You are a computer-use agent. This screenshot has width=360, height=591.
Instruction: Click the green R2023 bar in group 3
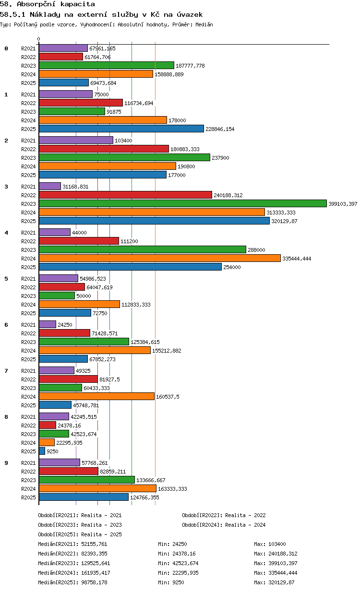[x=182, y=203]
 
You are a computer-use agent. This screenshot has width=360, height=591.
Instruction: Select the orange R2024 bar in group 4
[x=160, y=258]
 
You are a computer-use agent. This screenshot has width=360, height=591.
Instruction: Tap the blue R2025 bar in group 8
[x=42, y=451]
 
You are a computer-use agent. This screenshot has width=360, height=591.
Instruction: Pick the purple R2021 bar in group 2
[x=76, y=140]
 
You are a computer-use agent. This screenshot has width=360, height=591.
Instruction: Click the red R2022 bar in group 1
[x=81, y=103]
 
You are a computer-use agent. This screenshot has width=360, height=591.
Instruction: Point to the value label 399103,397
[x=343, y=204]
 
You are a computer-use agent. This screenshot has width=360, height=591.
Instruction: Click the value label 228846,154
[x=220, y=129]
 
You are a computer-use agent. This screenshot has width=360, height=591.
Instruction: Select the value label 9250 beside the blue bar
[x=52, y=451]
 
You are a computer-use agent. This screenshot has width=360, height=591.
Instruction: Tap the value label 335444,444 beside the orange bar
[x=297, y=259]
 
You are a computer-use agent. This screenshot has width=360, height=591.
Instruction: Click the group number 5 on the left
[x=6, y=279]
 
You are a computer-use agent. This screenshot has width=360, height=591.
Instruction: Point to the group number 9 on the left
[x=6, y=463]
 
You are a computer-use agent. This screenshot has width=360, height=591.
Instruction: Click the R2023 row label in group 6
[x=28, y=342]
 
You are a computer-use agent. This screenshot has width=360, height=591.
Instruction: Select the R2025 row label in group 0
[x=28, y=83]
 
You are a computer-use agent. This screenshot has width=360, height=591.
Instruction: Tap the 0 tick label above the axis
[x=38, y=39]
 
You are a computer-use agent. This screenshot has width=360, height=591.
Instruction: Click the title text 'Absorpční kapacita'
[x=56, y=4]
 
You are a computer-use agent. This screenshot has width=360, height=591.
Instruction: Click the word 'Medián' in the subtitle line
[x=204, y=24]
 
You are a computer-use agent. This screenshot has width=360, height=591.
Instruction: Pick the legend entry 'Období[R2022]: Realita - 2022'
[x=224, y=515]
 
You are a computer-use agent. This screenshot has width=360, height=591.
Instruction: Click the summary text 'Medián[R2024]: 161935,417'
[x=74, y=573]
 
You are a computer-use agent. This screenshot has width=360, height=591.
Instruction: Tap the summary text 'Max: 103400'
[x=270, y=544]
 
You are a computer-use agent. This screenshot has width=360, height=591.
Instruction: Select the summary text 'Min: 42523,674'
[x=178, y=563]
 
